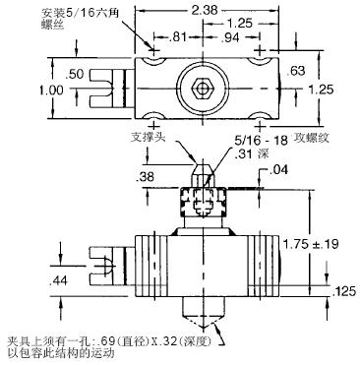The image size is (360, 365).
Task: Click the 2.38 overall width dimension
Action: pos(205,10)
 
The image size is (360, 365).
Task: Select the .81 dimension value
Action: pos(177,36)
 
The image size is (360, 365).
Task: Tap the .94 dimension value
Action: pos(230,37)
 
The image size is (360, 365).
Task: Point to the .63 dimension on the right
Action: pos(295,71)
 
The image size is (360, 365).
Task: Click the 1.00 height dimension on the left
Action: pos(51,90)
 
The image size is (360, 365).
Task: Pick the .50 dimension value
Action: pos(75,75)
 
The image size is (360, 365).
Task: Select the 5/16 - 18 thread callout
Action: pos(261,141)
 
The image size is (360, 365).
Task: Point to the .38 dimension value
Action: pos(145,177)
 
